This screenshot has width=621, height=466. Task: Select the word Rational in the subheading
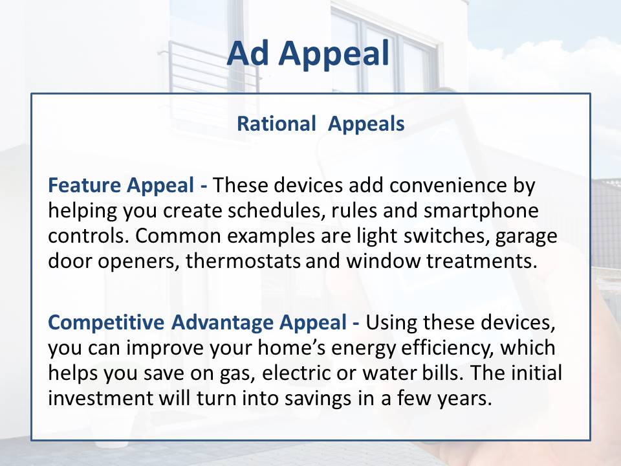pos(276,124)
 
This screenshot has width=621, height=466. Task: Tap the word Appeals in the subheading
pos(366,124)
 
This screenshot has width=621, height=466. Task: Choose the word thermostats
pos(243,261)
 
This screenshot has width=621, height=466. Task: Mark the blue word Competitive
pos(106,322)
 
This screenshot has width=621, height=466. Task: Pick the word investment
pos(100,398)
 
